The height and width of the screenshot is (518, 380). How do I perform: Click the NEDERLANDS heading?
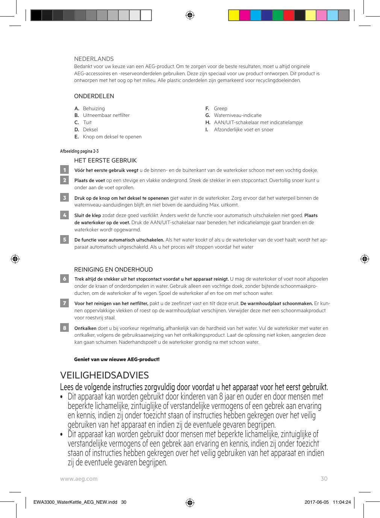tap(94, 59)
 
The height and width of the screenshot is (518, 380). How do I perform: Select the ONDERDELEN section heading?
tap(94, 96)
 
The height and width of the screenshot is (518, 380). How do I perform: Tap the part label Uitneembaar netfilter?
tap(106, 115)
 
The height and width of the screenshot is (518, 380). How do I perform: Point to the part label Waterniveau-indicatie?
tap(238, 115)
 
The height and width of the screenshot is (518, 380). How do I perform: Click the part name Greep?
tap(221, 109)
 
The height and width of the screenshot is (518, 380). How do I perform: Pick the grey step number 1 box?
tap(65, 170)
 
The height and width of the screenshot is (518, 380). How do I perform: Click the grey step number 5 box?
tap(65, 240)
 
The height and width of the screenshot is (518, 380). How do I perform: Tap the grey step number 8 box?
tap(65, 328)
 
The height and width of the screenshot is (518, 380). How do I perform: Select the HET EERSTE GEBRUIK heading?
tap(105, 161)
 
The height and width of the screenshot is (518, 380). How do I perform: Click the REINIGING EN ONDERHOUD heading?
tap(114, 270)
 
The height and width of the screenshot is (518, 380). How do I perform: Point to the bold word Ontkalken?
tap(85, 328)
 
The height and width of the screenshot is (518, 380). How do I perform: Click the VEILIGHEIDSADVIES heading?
tap(104, 375)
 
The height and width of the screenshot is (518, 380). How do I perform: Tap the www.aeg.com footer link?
tap(79, 479)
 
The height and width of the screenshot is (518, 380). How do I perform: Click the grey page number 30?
tap(324, 479)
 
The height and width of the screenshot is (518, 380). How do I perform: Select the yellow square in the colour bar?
tap(234, 15)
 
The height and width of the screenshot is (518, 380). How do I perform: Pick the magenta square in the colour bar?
tap(245, 15)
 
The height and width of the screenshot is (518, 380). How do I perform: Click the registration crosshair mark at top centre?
tap(190, 15)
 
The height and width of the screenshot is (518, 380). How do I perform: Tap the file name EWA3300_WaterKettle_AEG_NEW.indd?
tap(75, 502)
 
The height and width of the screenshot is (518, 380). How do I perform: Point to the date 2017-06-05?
tap(316, 502)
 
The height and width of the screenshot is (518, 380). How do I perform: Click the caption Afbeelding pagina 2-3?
tap(79, 151)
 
